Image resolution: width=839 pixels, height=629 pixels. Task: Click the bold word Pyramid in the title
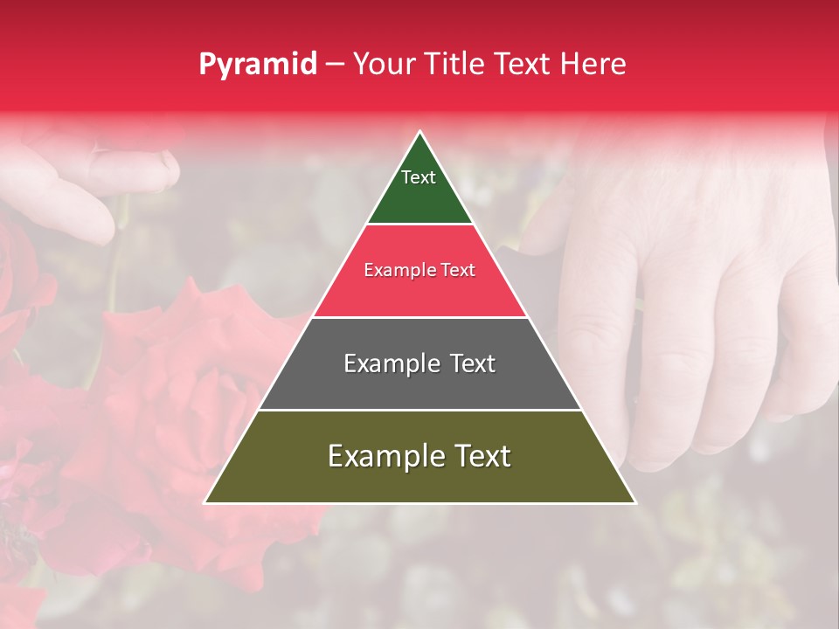click(x=257, y=64)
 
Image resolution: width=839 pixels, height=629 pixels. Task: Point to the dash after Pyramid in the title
click(x=335, y=65)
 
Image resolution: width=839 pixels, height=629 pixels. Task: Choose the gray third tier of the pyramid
click(x=419, y=384)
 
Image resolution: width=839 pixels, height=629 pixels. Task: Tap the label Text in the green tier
click(x=419, y=177)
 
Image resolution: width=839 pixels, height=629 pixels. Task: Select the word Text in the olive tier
click(x=480, y=456)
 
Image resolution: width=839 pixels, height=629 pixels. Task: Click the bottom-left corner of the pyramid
click(x=206, y=502)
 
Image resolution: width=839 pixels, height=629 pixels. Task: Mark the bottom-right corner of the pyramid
click(x=634, y=502)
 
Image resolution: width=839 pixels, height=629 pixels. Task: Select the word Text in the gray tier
click(x=463, y=363)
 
